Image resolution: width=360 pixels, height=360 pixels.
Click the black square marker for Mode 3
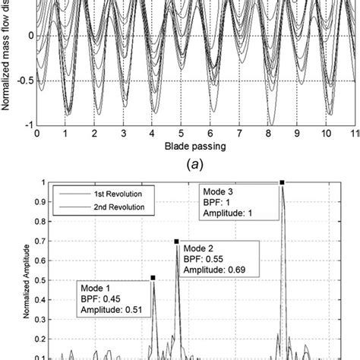(x=282, y=182)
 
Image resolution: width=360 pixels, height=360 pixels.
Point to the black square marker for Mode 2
(x=178, y=242)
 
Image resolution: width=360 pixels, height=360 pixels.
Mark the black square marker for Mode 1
(x=153, y=278)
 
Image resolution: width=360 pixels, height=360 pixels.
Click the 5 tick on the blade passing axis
(x=181, y=132)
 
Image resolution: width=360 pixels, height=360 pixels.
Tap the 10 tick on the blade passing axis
(x=326, y=132)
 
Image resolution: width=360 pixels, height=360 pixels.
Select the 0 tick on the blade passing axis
(x=36, y=132)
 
